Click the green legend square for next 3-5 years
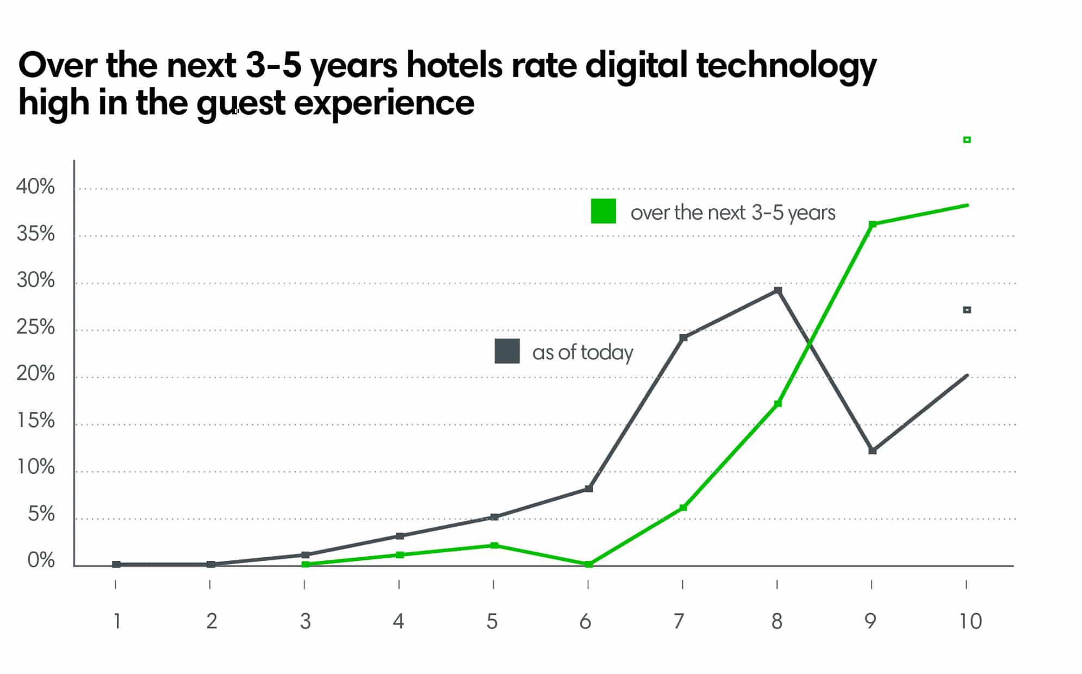pos(603,211)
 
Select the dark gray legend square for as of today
pos(507,351)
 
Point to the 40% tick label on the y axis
pos(35,187)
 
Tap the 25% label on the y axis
pos(35,327)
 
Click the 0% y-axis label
pos(41,560)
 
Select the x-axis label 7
pos(679,621)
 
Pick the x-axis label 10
pos(971,621)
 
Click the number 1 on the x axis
pos(117,621)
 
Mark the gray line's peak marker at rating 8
pos(778,291)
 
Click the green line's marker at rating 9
pos(873,224)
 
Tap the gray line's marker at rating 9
pos(873,451)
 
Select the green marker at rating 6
pos(588,564)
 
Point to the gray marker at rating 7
pos(683,338)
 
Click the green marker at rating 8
pos(778,403)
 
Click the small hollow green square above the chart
pos(967,140)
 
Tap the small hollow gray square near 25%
pos(967,310)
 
